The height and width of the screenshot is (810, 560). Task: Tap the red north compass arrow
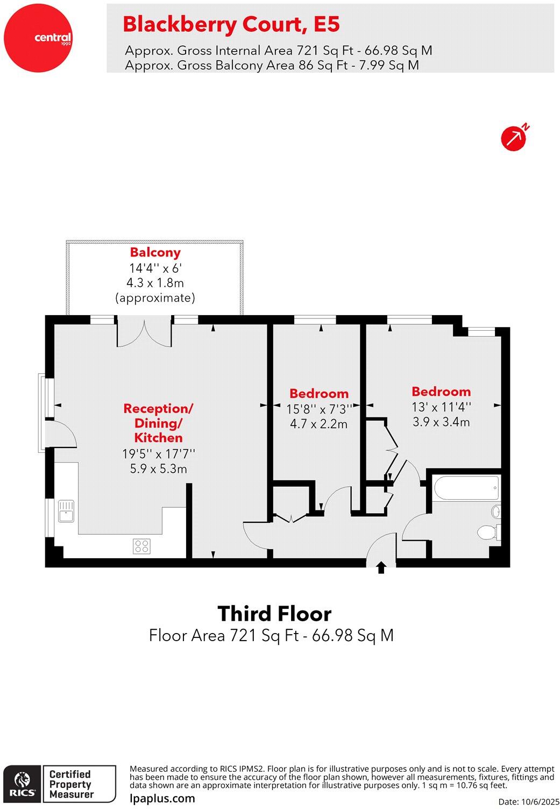click(x=514, y=138)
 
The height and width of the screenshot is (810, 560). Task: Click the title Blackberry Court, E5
click(x=231, y=24)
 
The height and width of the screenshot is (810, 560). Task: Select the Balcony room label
click(x=155, y=252)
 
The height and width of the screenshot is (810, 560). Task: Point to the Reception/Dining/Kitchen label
click(x=158, y=423)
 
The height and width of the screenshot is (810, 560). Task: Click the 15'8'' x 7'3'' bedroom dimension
click(x=319, y=409)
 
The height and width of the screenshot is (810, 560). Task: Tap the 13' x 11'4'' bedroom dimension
click(x=441, y=407)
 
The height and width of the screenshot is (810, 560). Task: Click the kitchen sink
click(x=66, y=511)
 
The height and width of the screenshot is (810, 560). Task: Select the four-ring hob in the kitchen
click(x=142, y=546)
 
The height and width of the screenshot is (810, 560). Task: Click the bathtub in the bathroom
click(x=466, y=488)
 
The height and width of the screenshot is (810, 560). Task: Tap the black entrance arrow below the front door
click(x=381, y=567)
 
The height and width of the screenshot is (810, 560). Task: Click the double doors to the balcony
click(x=145, y=333)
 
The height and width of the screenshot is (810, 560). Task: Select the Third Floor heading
click(x=274, y=614)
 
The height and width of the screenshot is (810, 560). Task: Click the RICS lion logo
click(x=22, y=784)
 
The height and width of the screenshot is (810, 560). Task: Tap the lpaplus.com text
click(x=162, y=798)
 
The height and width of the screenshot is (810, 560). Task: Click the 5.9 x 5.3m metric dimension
click(x=158, y=469)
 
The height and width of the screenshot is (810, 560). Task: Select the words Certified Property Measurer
click(x=70, y=784)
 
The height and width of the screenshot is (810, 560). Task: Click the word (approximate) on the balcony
click(x=155, y=297)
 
